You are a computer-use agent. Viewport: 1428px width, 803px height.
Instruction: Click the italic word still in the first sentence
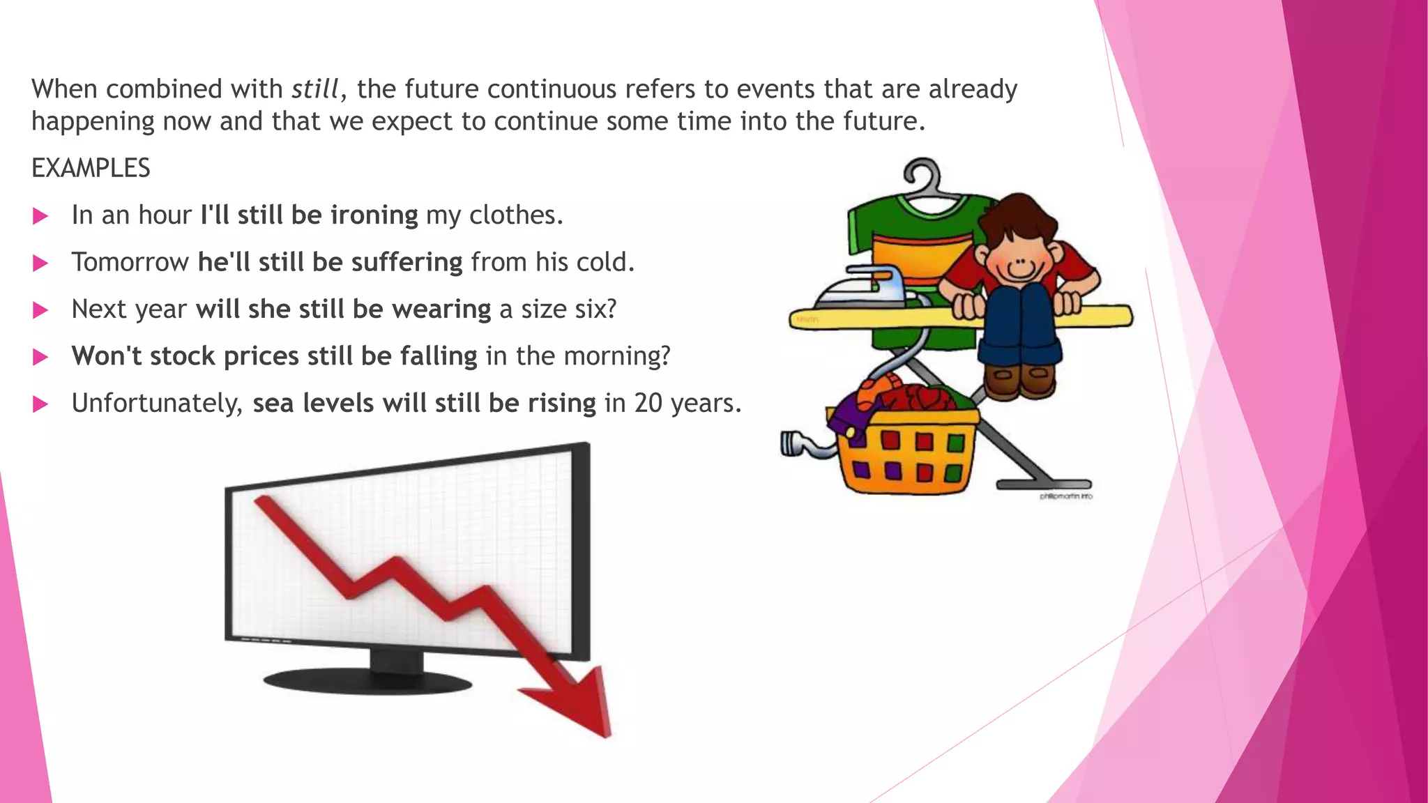pyautogui.click(x=314, y=89)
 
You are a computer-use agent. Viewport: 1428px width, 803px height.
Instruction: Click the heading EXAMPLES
pyautogui.click(x=91, y=168)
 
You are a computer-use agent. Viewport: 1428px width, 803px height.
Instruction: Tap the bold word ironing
pyautogui.click(x=374, y=215)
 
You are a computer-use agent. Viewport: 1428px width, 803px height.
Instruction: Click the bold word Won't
pyautogui.click(x=106, y=355)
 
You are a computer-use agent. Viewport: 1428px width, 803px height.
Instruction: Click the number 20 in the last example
pyautogui.click(x=648, y=403)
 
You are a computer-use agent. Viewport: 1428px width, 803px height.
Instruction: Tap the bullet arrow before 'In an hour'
pyautogui.click(x=40, y=216)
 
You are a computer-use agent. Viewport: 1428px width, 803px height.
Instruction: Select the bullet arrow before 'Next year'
pyautogui.click(x=40, y=310)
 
